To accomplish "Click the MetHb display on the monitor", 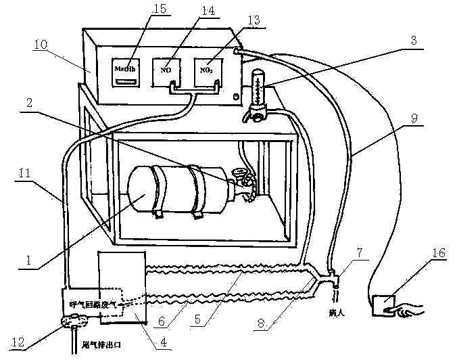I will pos(122,72).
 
